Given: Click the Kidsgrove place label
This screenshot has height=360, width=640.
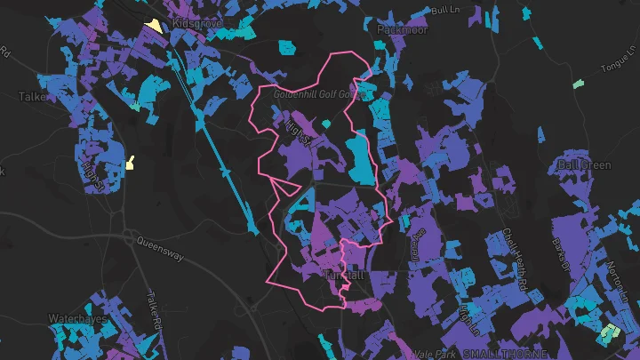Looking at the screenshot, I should click(x=197, y=22).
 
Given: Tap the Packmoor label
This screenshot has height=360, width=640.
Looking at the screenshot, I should click(x=402, y=29).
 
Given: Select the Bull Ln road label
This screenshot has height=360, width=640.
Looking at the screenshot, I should click(x=443, y=10).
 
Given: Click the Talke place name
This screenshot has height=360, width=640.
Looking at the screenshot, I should click(x=32, y=96).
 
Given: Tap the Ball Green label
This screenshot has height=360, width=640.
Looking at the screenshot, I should click(x=584, y=164).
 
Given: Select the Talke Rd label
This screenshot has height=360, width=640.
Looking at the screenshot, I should click(x=153, y=311).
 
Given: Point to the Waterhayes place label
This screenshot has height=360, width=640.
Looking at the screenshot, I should click(x=77, y=318).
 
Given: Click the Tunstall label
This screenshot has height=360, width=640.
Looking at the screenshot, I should click(x=345, y=276).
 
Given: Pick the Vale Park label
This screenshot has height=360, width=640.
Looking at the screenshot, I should click(x=434, y=354).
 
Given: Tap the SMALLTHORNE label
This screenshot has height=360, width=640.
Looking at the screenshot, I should click(x=500, y=354).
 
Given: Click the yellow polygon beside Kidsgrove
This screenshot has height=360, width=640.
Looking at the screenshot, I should click(x=156, y=26).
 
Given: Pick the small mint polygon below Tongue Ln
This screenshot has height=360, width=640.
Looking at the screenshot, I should click(x=579, y=84).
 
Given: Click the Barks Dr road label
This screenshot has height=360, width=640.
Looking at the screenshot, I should click(x=559, y=233).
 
